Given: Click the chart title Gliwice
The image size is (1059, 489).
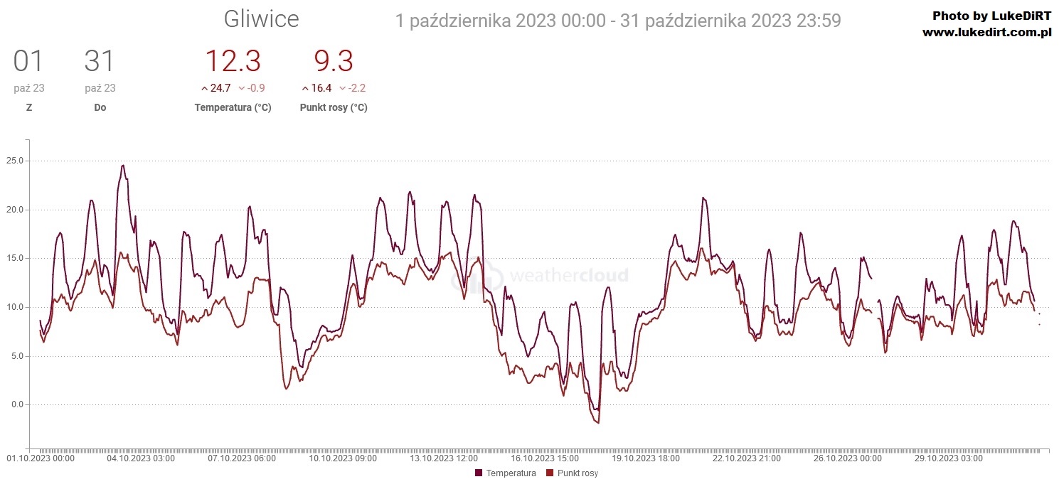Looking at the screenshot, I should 261,20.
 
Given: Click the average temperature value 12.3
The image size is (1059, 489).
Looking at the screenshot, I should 233,62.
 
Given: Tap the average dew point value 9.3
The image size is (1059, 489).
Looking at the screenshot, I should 334,62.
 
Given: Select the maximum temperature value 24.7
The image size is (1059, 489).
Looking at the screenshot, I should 220,88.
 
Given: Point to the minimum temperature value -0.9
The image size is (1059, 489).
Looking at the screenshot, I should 255,88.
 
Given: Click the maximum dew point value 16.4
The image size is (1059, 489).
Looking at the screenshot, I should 321,88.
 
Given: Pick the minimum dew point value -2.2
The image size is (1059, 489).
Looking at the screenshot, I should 356,88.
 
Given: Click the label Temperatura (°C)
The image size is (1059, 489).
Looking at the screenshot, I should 233,108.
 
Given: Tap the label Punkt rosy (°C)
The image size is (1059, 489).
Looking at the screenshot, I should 334,108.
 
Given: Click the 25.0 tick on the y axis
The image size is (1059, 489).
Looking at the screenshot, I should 14,161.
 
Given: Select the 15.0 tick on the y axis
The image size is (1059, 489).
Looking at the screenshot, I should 14,258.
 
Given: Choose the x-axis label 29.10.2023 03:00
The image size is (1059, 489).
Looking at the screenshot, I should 948,458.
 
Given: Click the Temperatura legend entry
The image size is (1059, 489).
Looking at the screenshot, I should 505,473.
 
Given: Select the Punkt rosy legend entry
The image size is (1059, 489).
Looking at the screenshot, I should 573,473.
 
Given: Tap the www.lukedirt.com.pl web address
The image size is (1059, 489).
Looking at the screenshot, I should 986,33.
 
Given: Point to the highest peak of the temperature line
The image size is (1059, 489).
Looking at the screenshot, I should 123,166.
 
